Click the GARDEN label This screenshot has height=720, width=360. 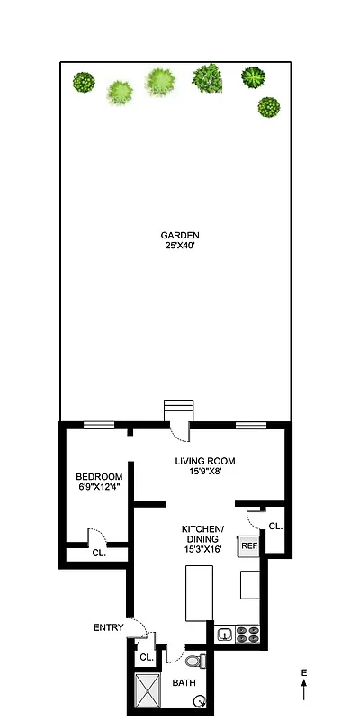(180, 236)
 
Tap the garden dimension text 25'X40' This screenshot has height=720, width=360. (180, 247)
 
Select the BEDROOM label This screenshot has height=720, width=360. (99, 476)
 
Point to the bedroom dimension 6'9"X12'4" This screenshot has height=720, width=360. (99, 487)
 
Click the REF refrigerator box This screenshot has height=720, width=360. (248, 545)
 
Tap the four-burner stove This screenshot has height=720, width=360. (248, 634)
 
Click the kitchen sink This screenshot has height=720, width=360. (225, 634)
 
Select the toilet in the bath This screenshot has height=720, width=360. (202, 661)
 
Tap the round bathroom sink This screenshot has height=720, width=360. (210, 703)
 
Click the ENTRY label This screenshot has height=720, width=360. (107, 627)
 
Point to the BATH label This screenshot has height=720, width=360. (184, 683)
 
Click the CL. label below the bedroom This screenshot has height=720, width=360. (99, 553)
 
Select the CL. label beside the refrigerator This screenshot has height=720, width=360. (274, 526)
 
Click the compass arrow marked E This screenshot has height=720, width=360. (304, 686)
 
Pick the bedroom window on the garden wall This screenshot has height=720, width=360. (98, 424)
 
